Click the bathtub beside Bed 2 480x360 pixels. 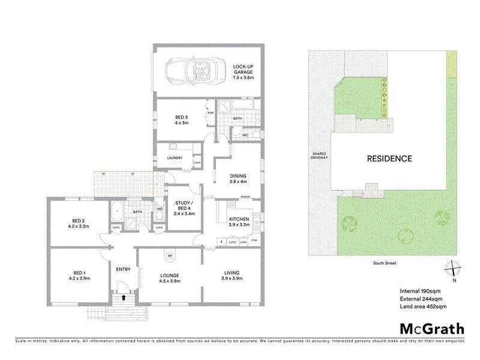click(117, 212)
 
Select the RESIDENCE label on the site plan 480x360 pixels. click(389, 159)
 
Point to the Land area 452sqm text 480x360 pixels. click(423, 307)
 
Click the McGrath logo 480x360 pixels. click(432, 328)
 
